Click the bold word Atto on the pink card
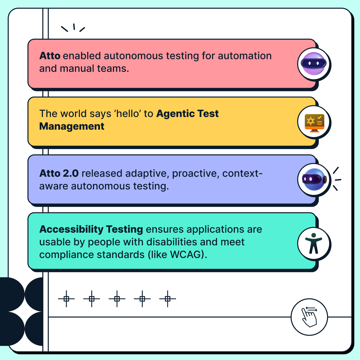point(50,56)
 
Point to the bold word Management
point(72,126)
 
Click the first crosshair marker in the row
point(66,299)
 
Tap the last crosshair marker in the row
point(167,299)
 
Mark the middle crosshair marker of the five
point(117,299)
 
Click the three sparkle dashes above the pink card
point(73,28)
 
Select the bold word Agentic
point(176,114)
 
